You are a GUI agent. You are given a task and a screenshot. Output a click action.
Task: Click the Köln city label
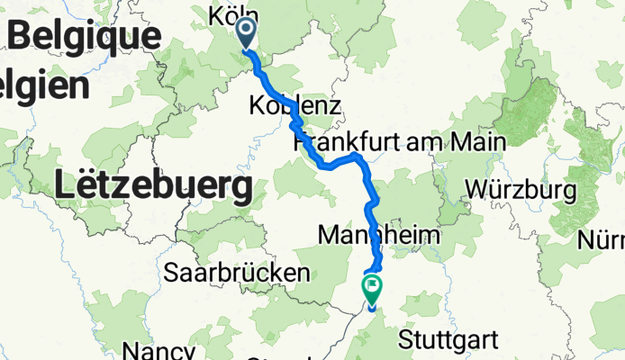pyautogui.click(x=233, y=15)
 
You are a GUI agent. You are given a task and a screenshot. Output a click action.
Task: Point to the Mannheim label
pyautogui.click(x=379, y=235)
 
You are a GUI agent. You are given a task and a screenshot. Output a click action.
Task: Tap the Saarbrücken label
pyautogui.click(x=237, y=272)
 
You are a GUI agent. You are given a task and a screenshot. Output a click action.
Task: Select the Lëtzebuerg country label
pyautogui.click(x=152, y=187)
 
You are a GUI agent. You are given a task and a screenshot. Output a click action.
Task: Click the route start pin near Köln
pyautogui.click(x=246, y=33)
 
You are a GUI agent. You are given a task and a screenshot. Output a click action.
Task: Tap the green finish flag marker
pyautogui.click(x=371, y=289)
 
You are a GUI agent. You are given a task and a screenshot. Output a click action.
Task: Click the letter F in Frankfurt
pyautogui.click(x=301, y=143)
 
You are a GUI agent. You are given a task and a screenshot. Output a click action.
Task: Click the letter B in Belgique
pyautogui.click(x=20, y=37)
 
